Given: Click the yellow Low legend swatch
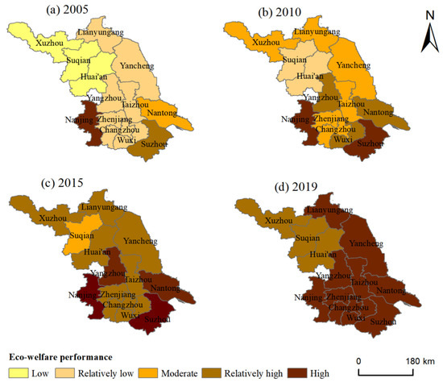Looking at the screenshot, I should (17, 372).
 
